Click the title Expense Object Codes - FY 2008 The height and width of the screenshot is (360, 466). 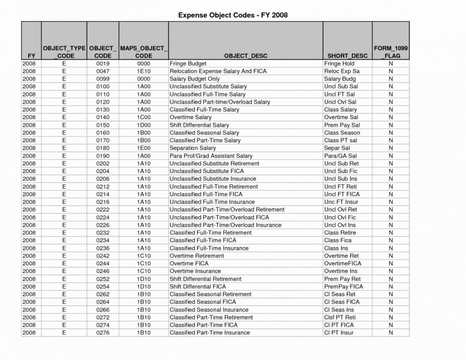coord(233,15)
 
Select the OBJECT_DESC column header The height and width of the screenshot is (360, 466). coord(246,56)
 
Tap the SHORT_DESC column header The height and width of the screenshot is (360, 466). coord(347,56)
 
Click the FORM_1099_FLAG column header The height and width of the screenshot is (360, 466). coord(390,52)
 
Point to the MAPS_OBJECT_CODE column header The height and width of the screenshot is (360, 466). coord(143,52)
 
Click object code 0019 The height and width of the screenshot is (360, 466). coord(103,64)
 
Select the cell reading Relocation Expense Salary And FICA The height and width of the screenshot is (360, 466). coord(218,71)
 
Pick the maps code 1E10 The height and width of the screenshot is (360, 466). coord(143,71)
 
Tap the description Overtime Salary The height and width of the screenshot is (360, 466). coord(190,117)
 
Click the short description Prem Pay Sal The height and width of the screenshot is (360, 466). coord(342,125)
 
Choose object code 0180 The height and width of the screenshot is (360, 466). coord(103,148)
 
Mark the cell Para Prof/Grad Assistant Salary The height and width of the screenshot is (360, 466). coord(211,156)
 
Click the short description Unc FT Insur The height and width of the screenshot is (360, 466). coord(341,202)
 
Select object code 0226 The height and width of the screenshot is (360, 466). coord(103,225)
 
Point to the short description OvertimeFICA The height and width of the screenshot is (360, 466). coord(343,264)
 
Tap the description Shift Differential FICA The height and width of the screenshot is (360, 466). coord(198,287)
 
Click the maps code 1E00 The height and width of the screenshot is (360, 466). coord(143,148)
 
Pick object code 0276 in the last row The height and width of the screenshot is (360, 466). coord(103,333)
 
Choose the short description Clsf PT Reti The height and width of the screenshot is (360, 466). coord(340,317)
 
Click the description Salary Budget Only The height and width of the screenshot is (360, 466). coord(194,79)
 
